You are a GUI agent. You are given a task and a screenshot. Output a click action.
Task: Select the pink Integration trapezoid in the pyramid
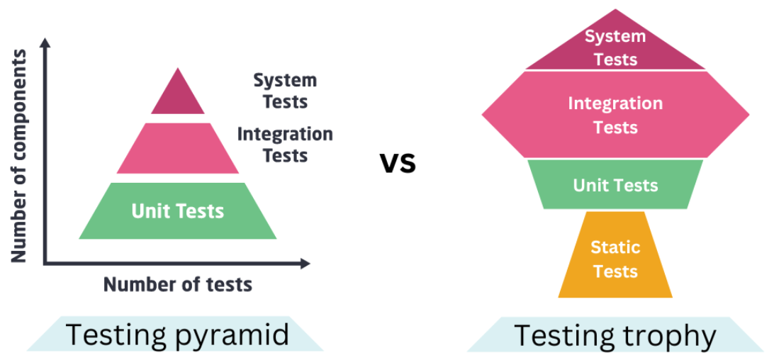178,148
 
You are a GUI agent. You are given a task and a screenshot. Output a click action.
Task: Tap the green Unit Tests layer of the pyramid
178,210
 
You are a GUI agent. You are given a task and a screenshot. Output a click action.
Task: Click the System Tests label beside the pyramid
285,91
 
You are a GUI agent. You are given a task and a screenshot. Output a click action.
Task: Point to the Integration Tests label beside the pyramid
285,144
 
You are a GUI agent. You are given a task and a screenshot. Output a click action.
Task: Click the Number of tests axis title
178,285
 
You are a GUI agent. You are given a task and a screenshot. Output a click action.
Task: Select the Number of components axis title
19,156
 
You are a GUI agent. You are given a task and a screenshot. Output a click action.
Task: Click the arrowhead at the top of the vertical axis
45,43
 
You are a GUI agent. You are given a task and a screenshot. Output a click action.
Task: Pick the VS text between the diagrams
398,164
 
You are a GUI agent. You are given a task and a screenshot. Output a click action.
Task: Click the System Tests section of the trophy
615,47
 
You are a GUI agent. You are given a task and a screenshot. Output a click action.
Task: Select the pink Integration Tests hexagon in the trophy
615,115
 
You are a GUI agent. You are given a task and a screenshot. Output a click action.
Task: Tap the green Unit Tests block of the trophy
615,185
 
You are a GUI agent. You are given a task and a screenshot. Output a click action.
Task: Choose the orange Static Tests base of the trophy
615,259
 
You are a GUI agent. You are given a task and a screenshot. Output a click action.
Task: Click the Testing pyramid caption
177,334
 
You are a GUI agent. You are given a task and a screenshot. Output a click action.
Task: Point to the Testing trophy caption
615,335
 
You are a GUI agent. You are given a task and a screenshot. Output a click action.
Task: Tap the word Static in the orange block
615,248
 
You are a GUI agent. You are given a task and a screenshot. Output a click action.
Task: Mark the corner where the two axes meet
45,264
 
